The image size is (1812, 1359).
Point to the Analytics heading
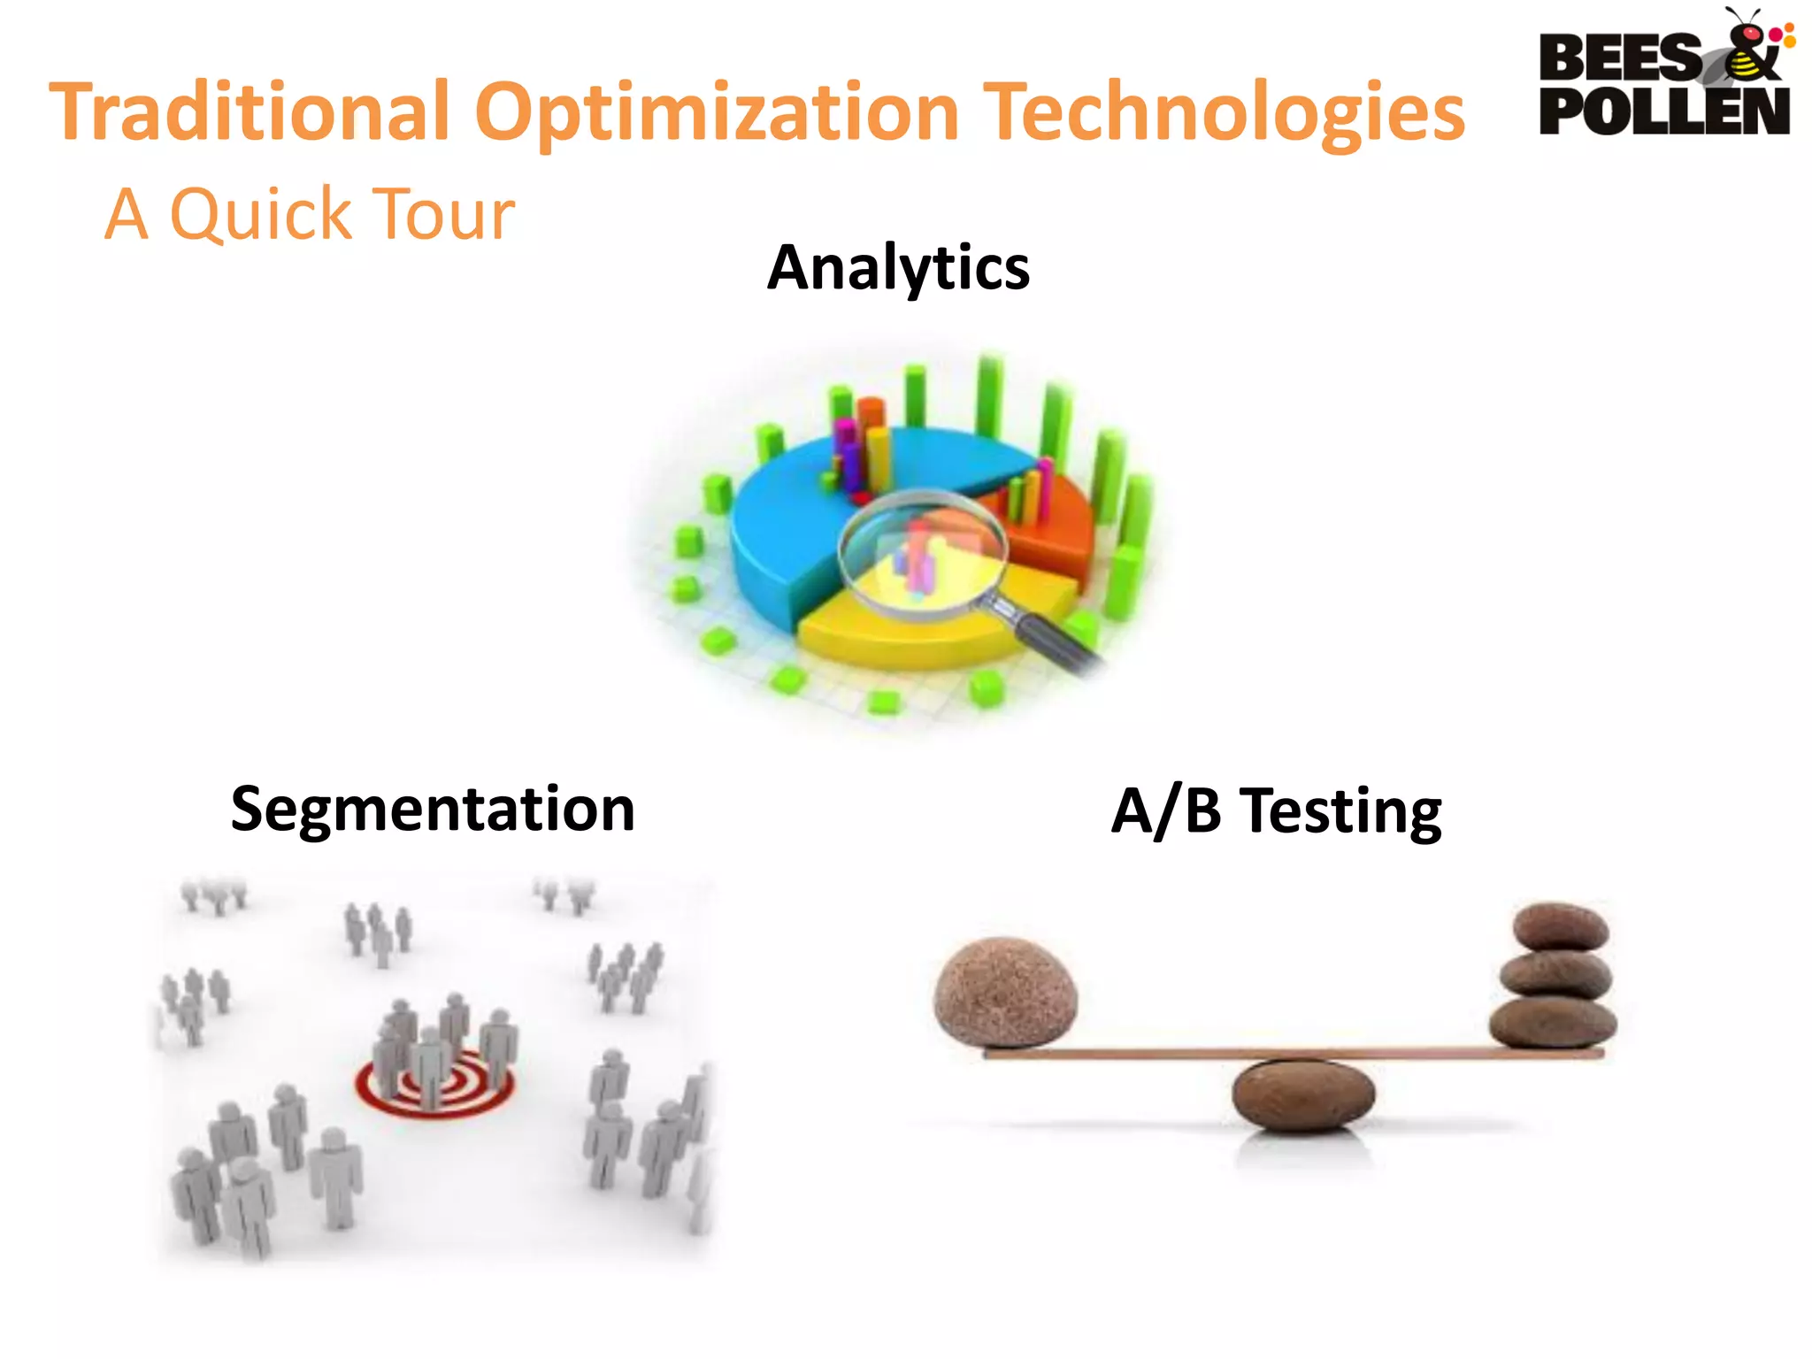coord(898,267)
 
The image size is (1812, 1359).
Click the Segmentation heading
coord(433,809)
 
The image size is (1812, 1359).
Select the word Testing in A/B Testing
coord(1340,810)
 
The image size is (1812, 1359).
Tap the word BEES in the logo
coord(1619,58)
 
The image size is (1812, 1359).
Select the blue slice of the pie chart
coord(796,522)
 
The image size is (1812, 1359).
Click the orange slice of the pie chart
coord(1053,531)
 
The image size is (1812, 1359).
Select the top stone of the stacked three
coord(1561,926)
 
